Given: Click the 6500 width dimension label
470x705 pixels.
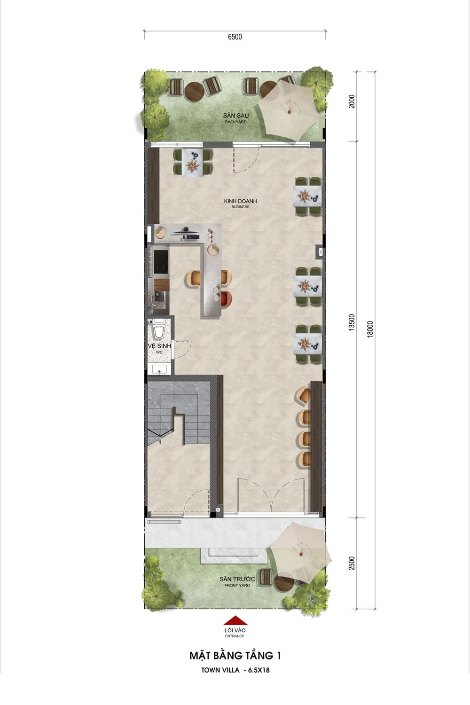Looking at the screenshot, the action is [x=235, y=37].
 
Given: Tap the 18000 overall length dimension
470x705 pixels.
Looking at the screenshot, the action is [x=370, y=329].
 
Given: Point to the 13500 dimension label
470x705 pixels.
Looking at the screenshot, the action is [x=352, y=322].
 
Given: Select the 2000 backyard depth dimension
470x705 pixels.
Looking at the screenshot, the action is [x=352, y=102].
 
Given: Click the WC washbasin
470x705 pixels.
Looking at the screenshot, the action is [x=159, y=369].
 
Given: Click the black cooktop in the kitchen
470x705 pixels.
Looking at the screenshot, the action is [x=161, y=262].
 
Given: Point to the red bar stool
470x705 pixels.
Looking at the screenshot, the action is [x=226, y=298].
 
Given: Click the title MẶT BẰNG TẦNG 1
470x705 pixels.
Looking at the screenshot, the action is [x=235, y=656].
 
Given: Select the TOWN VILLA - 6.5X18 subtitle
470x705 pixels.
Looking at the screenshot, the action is [x=235, y=670].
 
